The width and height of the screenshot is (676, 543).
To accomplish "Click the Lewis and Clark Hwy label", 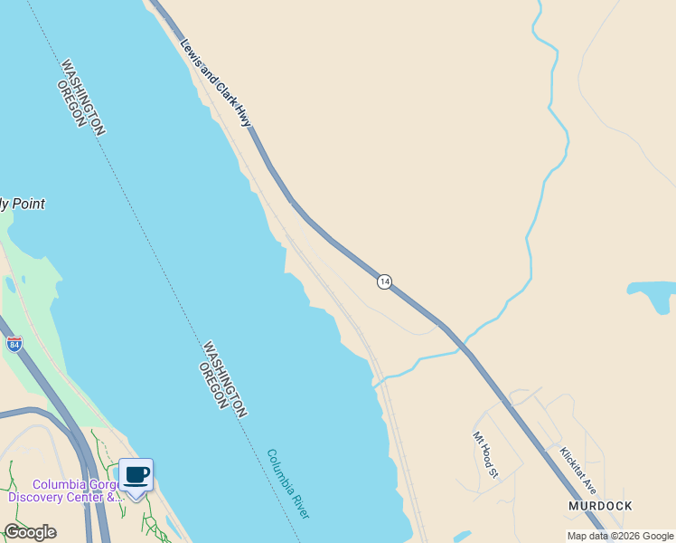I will (215, 82).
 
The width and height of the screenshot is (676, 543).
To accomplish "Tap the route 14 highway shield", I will (385, 282).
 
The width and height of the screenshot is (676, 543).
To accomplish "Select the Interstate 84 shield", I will (14, 344).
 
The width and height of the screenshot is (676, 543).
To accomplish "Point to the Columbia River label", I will (288, 483).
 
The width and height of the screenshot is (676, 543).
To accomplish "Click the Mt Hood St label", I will (485, 453).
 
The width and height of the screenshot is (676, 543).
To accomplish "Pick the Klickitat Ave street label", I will (578, 467).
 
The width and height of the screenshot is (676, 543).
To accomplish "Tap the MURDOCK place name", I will (600, 506).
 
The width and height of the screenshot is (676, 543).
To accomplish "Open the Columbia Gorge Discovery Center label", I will (64, 491).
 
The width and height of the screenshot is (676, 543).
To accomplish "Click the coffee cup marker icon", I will (136, 475).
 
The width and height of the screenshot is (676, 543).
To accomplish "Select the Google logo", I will (30, 532).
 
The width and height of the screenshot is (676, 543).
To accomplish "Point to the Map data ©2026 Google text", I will (621, 536).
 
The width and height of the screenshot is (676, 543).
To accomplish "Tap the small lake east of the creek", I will (652, 295).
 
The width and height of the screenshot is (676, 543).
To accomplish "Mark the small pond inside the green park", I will (10, 284).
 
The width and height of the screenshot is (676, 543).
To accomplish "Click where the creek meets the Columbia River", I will (375, 384).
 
